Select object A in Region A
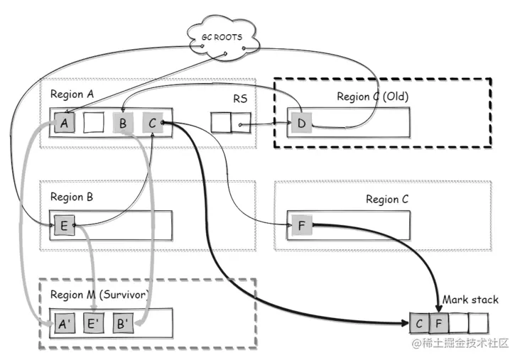tap(65, 123)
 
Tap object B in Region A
tap(123, 123)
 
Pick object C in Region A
tap(152, 123)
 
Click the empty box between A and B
tap(94, 123)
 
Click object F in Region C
tap(299, 226)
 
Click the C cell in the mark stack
tap(421, 324)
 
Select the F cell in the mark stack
tap(440, 324)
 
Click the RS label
tap(240, 99)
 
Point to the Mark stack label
tap(470, 300)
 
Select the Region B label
tap(71, 197)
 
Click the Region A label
tap(71, 94)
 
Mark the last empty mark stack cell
tap(479, 324)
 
